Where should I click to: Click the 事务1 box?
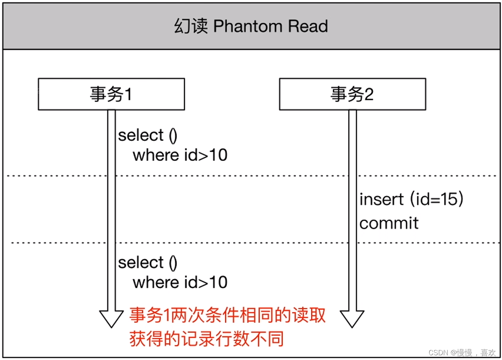click(111, 94)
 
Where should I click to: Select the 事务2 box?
click(352, 94)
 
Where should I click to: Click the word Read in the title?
click(308, 27)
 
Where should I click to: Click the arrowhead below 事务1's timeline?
click(112, 318)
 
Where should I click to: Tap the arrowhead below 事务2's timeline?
click(352, 318)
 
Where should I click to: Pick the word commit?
click(389, 223)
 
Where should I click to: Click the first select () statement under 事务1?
click(148, 135)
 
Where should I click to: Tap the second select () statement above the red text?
click(148, 263)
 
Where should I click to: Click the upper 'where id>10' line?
click(180, 155)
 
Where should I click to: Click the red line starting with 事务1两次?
click(227, 315)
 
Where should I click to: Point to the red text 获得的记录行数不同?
click(206, 339)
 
